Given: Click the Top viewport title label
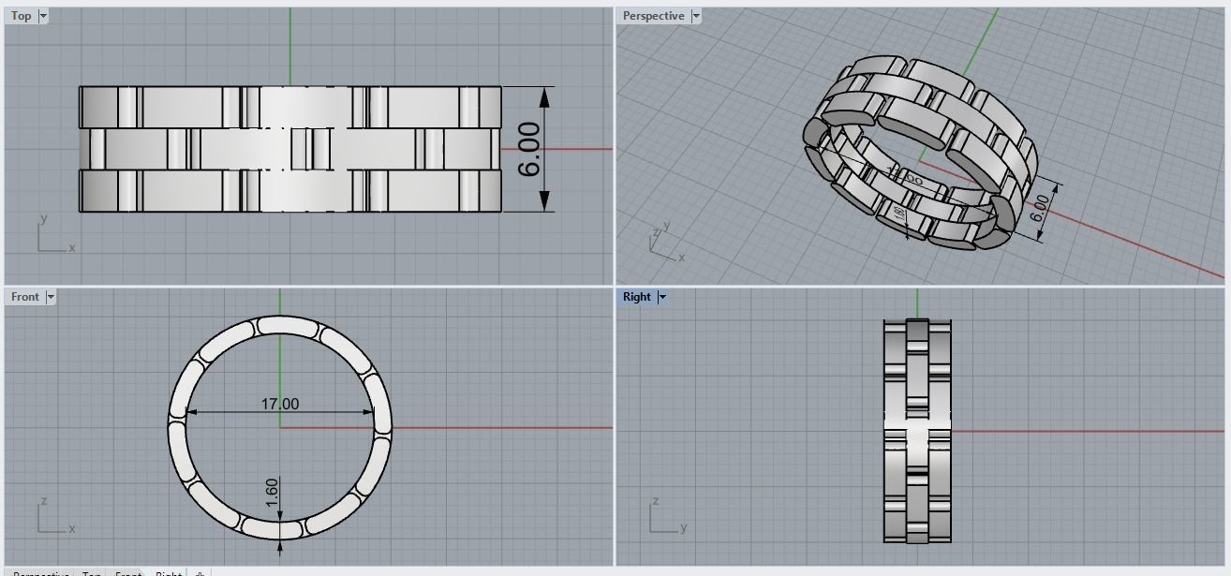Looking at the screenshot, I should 21,16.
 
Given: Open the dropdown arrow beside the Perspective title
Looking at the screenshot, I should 696,16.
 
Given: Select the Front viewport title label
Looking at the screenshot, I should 25,297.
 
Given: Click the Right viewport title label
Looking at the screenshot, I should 636,297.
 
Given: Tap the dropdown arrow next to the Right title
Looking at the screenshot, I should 662,297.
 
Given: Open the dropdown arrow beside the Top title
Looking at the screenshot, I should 43,16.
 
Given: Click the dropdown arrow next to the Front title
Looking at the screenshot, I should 51,297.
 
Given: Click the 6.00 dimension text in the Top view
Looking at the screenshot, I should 529,149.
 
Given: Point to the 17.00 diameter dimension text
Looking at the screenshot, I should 280,404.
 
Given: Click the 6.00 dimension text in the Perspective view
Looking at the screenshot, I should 1040,208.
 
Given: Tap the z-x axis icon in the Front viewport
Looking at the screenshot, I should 52,518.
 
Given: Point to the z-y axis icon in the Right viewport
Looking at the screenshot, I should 663,518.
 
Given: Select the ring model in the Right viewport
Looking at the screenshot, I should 917,431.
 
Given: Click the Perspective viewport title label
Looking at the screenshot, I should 653,16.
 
